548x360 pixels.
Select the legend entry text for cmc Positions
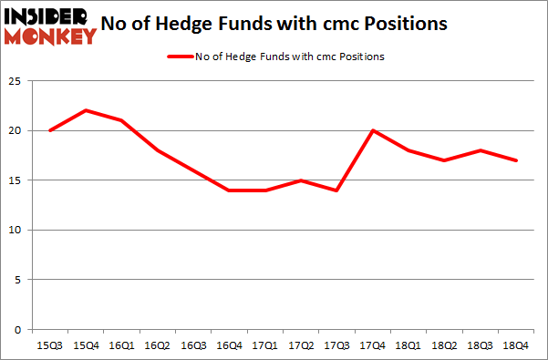pos(289,57)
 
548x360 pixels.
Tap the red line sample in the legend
pos(179,57)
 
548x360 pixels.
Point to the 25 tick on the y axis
pos(16,81)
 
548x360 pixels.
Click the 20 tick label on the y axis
pos(16,130)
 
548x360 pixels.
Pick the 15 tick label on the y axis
pos(16,180)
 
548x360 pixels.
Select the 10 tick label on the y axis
pos(16,230)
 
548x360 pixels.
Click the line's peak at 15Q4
pos(85,110)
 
